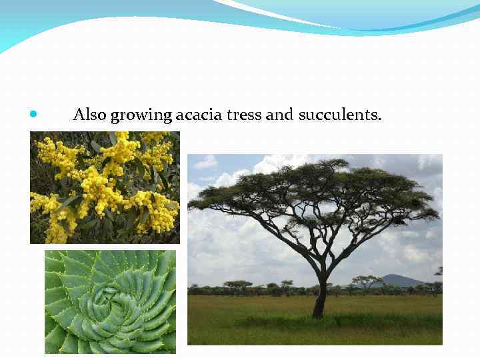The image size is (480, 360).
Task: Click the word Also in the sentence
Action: click(89, 115)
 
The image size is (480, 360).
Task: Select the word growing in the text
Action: click(141, 116)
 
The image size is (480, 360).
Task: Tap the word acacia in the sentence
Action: click(199, 115)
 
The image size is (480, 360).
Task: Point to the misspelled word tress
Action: click(244, 115)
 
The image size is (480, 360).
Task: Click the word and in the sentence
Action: click(279, 115)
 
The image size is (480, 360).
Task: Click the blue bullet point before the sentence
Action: click(34, 115)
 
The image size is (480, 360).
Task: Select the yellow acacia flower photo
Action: click(105, 187)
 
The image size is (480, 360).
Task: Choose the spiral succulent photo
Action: click(110, 301)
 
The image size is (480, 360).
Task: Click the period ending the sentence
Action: click(380, 119)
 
